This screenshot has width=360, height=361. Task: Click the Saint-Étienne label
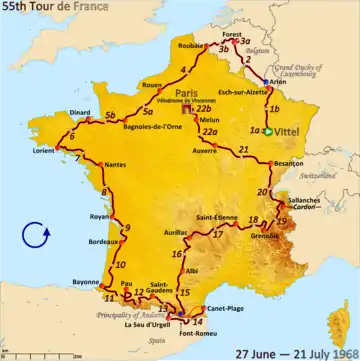click(x=216, y=215)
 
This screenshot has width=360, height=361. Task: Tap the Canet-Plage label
click(x=228, y=308)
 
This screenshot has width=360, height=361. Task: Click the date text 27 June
click(x=254, y=351)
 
